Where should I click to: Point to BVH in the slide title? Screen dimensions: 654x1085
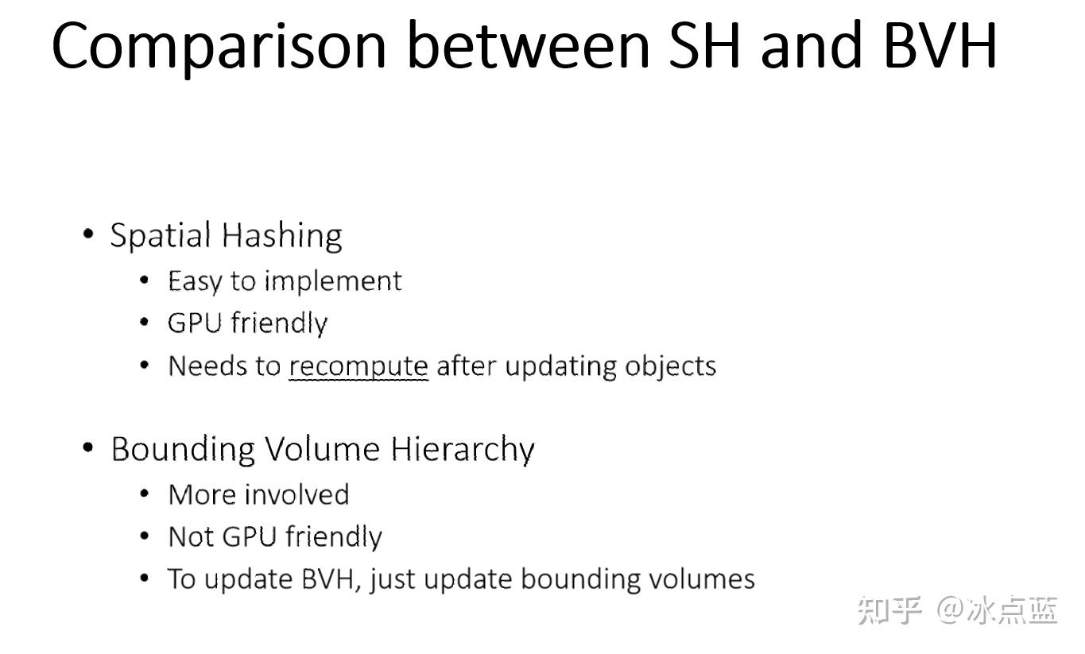pyautogui.click(x=940, y=45)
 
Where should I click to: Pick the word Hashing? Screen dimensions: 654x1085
pyautogui.click(x=282, y=236)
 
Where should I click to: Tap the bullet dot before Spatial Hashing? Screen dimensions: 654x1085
pyautogui.click(x=88, y=234)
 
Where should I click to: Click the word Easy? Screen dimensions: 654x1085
pyautogui.click(x=196, y=281)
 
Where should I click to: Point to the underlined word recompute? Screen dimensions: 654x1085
pyautogui.click(x=358, y=366)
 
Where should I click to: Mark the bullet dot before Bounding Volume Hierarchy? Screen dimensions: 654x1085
pyautogui.click(x=88, y=447)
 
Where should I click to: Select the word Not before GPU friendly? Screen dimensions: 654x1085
pyautogui.click(x=192, y=537)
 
